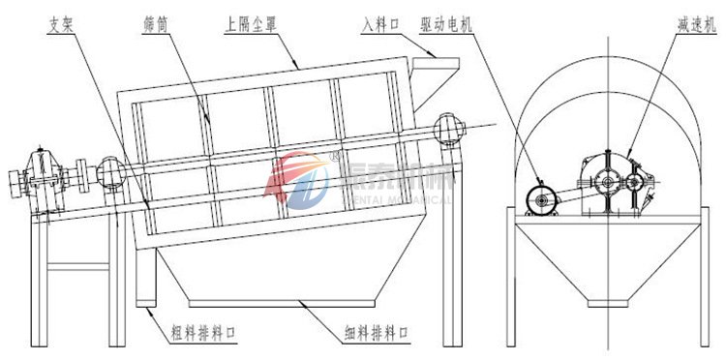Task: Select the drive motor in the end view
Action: [x=540, y=199]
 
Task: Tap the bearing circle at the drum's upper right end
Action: [x=447, y=128]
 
